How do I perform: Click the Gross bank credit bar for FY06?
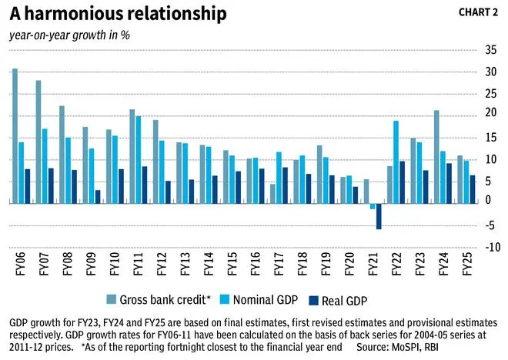point(15,136)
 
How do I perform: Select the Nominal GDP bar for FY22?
point(396,162)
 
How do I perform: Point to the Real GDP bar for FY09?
point(98,197)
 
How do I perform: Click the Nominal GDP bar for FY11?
point(138,160)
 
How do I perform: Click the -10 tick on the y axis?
point(490,247)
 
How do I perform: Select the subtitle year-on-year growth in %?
point(69,35)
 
